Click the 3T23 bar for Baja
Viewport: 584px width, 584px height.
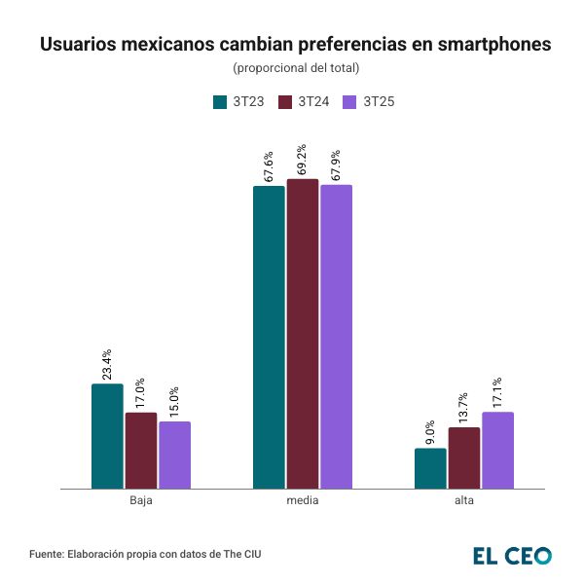click(107, 436)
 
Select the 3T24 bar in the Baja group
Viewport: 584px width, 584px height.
click(141, 450)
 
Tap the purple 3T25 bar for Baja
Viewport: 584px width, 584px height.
click(174, 455)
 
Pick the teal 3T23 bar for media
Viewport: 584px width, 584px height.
click(269, 337)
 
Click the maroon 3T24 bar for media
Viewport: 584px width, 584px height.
click(303, 333)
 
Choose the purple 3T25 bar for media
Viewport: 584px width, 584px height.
click(336, 336)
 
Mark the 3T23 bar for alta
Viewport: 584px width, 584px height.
click(430, 468)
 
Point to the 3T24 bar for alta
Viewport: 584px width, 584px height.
click(464, 457)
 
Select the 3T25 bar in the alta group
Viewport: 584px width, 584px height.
click(497, 450)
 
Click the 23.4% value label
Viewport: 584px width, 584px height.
click(107, 365)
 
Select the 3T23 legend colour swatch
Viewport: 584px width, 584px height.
click(220, 101)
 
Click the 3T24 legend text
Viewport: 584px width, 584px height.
click(314, 101)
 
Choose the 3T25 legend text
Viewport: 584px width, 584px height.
click(380, 101)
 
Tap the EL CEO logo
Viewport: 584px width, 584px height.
click(513, 555)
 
